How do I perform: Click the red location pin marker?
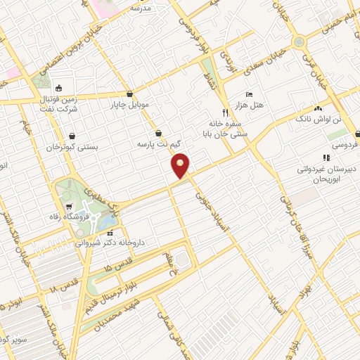181,165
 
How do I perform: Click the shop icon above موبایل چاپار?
129,94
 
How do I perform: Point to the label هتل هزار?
250,105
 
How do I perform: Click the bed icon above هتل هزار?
248,94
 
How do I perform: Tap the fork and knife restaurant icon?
226,112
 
